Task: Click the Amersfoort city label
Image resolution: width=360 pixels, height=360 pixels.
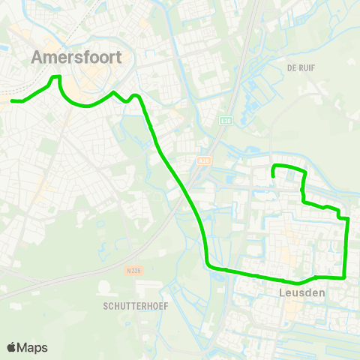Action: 78,57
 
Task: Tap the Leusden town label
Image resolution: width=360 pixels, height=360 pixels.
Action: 301,292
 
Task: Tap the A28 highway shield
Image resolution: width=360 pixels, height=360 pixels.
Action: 202,160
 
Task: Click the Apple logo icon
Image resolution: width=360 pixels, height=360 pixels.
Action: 11,347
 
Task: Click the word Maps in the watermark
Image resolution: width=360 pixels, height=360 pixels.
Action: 32,347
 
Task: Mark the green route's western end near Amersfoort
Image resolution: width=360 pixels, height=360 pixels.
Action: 13,100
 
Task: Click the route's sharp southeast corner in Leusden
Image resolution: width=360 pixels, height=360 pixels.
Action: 343,276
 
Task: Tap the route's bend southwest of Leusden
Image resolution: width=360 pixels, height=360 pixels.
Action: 209,265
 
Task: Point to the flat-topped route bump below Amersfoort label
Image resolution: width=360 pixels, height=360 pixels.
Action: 55,77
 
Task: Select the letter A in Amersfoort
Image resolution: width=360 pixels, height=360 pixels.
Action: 38,57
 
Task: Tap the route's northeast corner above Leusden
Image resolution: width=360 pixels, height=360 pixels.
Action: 304,171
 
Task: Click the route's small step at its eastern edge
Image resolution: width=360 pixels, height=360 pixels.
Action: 343,217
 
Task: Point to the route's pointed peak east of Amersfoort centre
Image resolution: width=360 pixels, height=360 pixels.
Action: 113,93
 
